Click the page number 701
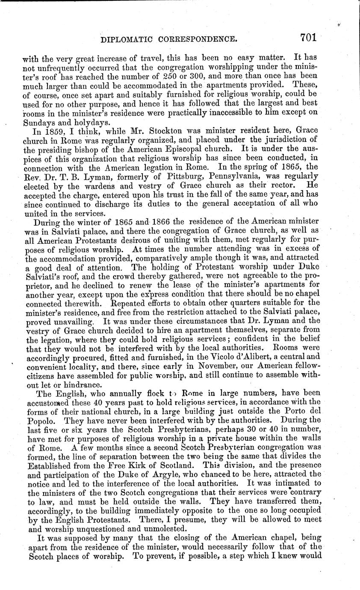pyautogui.click(x=308, y=38)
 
